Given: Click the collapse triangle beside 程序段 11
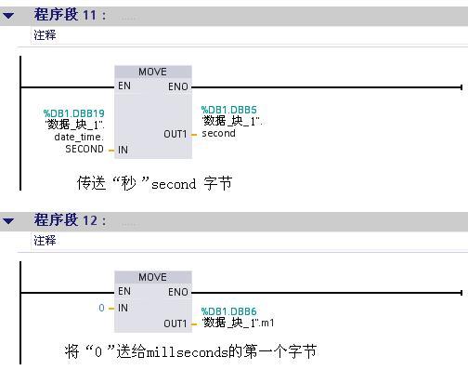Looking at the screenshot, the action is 8,15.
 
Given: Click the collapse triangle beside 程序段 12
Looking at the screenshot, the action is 8,221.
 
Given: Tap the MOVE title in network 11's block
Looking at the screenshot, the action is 152,72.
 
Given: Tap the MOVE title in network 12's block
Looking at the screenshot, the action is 152,277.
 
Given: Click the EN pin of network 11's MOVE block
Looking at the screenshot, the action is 124,86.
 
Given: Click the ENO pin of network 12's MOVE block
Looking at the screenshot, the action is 178,292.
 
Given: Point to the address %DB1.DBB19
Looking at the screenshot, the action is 74,113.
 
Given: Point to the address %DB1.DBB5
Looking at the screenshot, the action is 228,110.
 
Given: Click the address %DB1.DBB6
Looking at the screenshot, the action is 228,311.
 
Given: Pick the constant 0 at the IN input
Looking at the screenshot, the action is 101,308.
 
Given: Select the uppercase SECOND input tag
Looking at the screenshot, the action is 84,149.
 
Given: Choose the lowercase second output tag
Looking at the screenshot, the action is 218,133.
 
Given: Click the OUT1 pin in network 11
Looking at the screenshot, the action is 175,134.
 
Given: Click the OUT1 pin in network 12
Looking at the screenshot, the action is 175,324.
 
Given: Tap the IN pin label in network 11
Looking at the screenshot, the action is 123,150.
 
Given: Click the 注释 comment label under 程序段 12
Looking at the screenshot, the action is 45,241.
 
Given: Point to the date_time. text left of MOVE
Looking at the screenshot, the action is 79,137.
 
